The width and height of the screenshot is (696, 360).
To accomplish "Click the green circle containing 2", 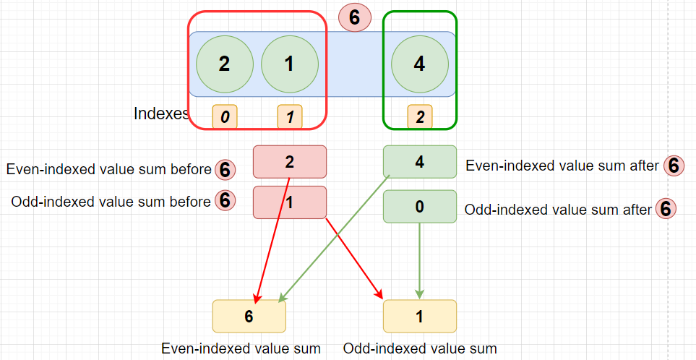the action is click(225, 64).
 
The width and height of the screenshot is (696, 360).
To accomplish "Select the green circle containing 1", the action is click(289, 64).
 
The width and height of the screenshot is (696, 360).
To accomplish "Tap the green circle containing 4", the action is click(419, 64).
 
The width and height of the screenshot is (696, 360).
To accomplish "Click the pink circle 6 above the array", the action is click(355, 18).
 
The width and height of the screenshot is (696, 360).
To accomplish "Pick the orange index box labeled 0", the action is click(225, 116).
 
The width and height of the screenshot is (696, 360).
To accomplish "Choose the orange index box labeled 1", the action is click(289, 116).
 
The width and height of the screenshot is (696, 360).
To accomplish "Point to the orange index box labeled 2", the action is click(420, 116).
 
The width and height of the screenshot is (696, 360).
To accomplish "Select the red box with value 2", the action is click(289, 162).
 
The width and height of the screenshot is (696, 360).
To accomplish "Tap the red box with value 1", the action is click(289, 202).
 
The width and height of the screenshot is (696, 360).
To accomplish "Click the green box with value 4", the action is click(420, 162).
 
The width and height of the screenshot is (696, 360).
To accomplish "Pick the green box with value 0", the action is click(420, 207).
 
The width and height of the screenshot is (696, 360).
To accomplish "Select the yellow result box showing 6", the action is click(249, 316).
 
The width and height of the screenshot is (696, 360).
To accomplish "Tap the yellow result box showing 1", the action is click(420, 316).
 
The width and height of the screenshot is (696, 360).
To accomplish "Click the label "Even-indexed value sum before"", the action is click(108, 169).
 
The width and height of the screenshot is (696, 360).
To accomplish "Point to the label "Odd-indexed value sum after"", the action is click(558, 209).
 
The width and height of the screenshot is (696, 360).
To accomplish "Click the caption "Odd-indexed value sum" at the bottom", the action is click(420, 348).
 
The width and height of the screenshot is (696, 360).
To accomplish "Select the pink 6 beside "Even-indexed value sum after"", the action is click(674, 166).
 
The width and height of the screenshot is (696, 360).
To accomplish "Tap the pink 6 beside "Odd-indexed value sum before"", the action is click(225, 200).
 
